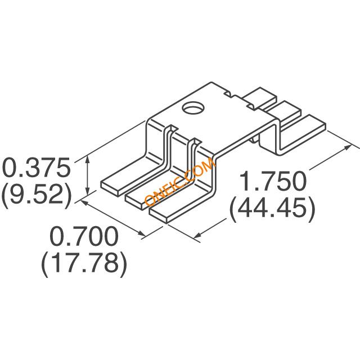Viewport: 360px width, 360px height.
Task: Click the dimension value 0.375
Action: (36, 167)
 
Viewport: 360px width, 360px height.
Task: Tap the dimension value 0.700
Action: (84, 236)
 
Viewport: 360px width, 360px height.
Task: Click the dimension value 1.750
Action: (273, 181)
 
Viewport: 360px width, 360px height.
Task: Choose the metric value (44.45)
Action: (272, 209)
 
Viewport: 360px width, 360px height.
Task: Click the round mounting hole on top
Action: (193, 108)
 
